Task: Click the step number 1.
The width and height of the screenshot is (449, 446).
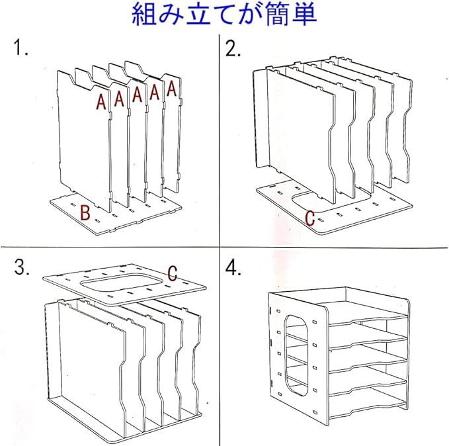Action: point(20,48)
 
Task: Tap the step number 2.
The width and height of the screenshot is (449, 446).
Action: point(233,48)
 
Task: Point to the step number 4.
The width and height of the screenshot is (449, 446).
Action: point(233,267)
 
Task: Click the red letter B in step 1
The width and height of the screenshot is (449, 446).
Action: point(85,212)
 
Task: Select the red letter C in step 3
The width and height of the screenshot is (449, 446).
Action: point(172,273)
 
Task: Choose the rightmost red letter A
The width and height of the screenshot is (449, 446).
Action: point(171,89)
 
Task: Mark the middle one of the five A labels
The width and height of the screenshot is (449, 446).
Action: point(137,95)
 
